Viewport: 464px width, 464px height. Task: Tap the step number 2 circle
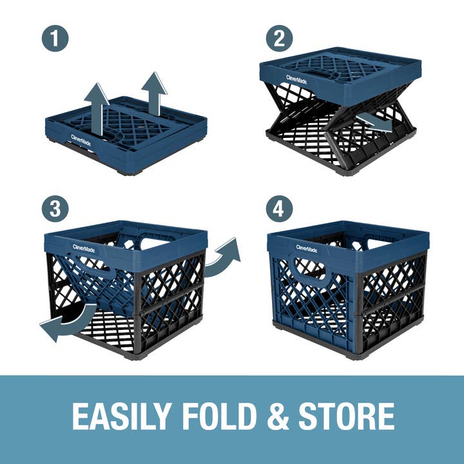point(279,39)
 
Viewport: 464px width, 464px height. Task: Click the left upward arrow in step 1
point(96,107)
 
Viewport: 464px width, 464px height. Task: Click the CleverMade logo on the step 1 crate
point(81,138)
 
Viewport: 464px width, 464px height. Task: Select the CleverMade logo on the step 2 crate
point(297,80)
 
